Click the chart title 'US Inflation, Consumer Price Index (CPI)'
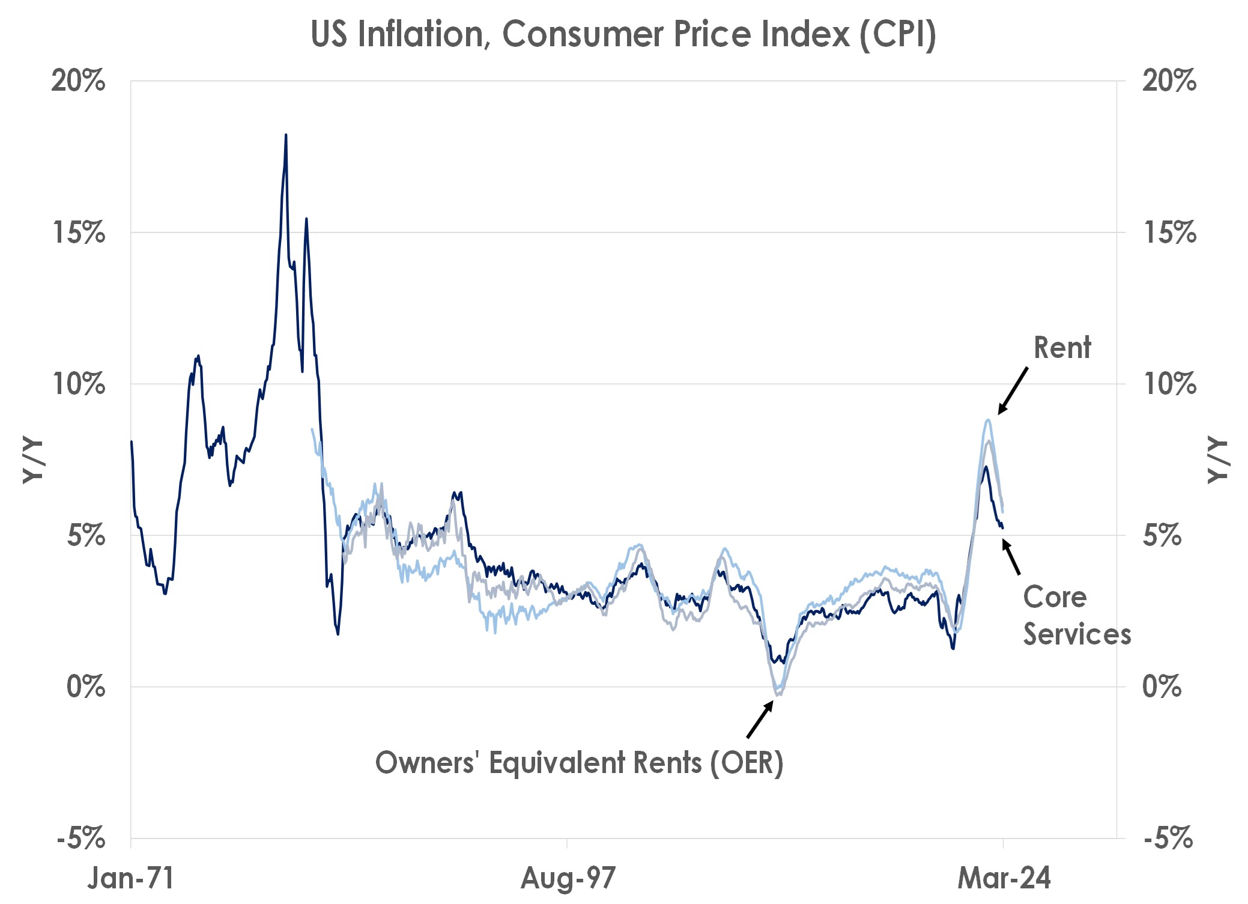[623, 35]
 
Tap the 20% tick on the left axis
[79, 80]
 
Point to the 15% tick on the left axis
[79, 232]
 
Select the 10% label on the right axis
[1169, 384]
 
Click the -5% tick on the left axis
[82, 838]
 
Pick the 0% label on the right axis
[1162, 687]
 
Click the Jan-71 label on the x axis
[131, 878]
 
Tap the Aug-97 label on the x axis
[568, 878]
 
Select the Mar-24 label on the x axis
[1004, 878]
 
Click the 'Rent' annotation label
[1062, 348]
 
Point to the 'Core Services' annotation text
[1076, 616]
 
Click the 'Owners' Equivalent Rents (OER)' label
[579, 763]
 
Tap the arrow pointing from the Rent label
[1013, 390]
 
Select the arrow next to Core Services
[1011, 557]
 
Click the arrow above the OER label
[760, 720]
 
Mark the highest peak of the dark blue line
[286, 136]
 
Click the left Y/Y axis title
[33, 461]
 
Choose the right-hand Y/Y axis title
[1217, 461]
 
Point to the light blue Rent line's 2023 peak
[987, 420]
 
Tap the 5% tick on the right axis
[1162, 535]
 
